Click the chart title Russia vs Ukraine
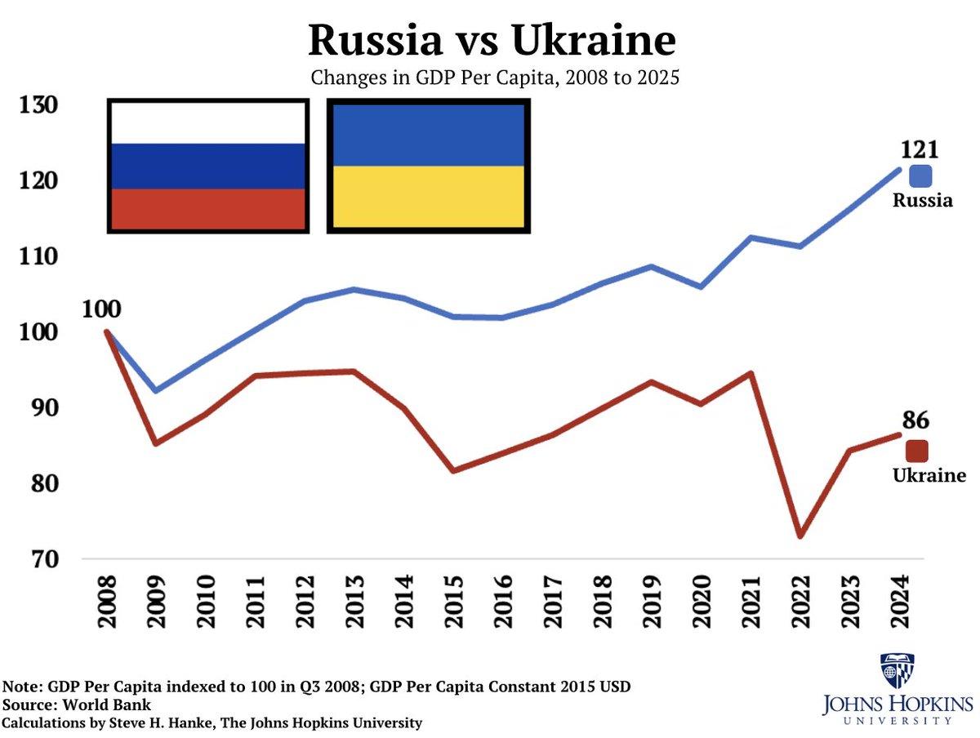(x=492, y=39)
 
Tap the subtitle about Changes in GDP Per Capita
(x=494, y=79)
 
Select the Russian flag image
(x=208, y=167)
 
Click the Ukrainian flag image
(x=429, y=167)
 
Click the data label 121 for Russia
(x=919, y=149)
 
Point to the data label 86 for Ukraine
(x=915, y=421)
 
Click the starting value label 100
(x=101, y=309)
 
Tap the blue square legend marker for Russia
(x=921, y=176)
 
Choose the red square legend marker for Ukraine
(x=917, y=451)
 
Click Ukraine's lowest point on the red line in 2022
(x=800, y=536)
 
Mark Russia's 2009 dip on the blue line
(x=156, y=391)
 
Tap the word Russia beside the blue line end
(x=922, y=201)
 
